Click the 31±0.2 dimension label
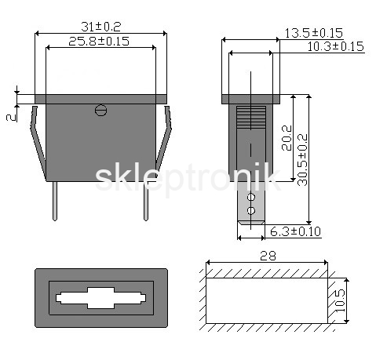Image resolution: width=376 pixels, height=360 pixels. click(x=101, y=27)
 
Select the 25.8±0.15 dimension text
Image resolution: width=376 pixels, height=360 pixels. click(x=99, y=42)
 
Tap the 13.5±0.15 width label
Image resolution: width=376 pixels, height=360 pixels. click(x=313, y=33)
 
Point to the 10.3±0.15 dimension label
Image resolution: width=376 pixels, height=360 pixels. click(x=335, y=46)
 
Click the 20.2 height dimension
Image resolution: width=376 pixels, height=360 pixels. click(x=287, y=138)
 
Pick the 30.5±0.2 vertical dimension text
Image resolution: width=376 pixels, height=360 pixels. click(x=302, y=160)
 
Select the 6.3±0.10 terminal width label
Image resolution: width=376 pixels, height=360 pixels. click(x=295, y=231)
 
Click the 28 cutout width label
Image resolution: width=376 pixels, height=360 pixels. click(x=268, y=256)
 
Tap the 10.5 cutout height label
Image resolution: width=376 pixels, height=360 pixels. click(x=340, y=300)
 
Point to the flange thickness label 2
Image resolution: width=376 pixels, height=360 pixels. click(x=11, y=118)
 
